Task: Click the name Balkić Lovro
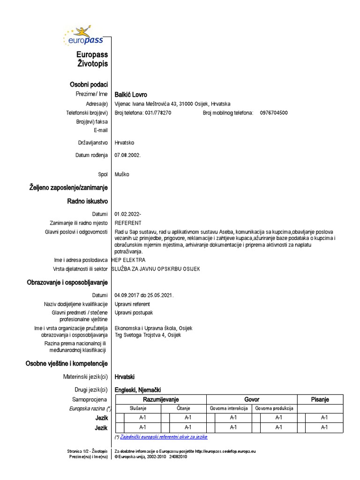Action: [x=131, y=95]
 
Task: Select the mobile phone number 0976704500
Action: [x=274, y=113]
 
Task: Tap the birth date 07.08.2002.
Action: [x=127, y=155]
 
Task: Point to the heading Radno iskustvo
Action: [x=88, y=201]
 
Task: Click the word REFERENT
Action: [x=128, y=223]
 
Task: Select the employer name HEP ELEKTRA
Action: [x=128, y=260]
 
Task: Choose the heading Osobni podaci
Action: [x=89, y=84]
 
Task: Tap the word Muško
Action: [x=122, y=174]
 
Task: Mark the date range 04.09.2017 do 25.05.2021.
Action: [x=144, y=295]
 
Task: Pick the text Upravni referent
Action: [x=133, y=304]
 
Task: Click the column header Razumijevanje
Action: [x=161, y=399]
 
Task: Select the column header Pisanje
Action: [x=320, y=399]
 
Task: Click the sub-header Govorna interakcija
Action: [x=229, y=408]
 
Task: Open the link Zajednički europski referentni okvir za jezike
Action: [x=164, y=437]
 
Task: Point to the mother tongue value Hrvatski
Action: [x=125, y=376]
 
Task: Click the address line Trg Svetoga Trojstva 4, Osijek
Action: [x=148, y=335]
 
